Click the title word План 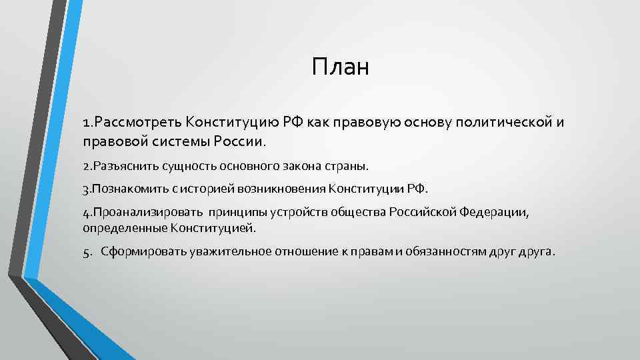[339, 68]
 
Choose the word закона [300, 165]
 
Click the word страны [345, 165]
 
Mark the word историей [213, 189]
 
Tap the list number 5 [87, 252]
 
